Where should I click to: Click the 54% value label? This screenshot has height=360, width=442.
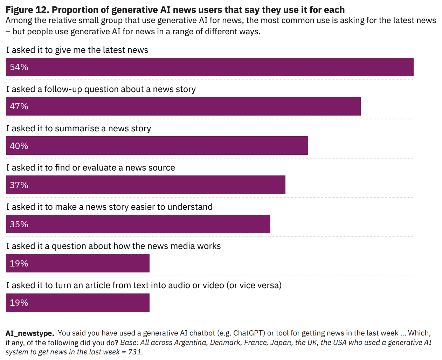click(x=19, y=67)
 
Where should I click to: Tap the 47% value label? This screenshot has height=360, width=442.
click(x=19, y=106)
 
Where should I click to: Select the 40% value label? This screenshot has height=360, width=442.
click(x=19, y=146)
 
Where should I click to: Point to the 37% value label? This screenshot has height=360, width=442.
click(x=19, y=185)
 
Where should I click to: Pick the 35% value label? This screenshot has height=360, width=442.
click(x=19, y=224)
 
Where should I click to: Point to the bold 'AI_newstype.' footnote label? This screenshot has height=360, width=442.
click(x=30, y=333)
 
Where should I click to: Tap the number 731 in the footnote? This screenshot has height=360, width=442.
click(x=135, y=352)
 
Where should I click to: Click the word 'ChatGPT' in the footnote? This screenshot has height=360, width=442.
click(x=248, y=333)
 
